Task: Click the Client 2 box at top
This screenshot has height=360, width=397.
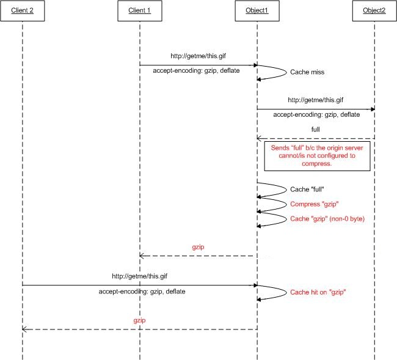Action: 22,10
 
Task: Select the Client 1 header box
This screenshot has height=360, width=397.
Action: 139,10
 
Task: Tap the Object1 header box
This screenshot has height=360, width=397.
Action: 257,10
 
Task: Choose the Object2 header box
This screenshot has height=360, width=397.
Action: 374,10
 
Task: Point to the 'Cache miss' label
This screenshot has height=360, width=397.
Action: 307,72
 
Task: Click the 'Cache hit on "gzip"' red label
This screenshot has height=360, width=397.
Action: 318,292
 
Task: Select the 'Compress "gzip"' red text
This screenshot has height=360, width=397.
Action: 314,204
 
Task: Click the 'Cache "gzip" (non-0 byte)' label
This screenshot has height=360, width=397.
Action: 327,218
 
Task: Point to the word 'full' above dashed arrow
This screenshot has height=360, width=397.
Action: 315,130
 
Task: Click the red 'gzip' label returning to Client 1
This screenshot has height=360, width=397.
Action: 198,247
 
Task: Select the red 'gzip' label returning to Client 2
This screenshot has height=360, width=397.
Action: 139,320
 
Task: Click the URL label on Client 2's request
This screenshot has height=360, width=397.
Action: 139,276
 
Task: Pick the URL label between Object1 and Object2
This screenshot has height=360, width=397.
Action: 315,100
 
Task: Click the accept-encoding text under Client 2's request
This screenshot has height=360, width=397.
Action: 142,292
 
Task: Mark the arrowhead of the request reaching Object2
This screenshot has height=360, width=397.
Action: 371,109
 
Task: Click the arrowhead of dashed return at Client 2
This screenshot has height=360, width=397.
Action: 24,329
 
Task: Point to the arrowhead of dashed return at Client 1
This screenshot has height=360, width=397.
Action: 142,256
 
